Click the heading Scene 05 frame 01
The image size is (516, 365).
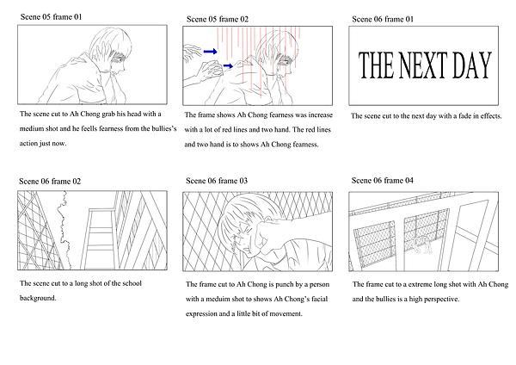(x=51, y=17)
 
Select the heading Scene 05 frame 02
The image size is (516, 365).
(x=218, y=19)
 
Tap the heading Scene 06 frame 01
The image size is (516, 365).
(x=383, y=19)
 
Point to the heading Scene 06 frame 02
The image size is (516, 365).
(x=50, y=181)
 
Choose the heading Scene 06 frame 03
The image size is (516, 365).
(x=217, y=181)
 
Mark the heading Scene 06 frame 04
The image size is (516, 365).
(x=383, y=180)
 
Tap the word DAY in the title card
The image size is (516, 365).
(x=472, y=65)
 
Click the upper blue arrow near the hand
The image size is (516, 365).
(x=211, y=51)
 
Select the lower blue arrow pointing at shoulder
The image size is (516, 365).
(x=228, y=66)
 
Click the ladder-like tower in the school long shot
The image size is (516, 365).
(x=98, y=238)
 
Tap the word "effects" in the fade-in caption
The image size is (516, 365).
(x=491, y=116)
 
